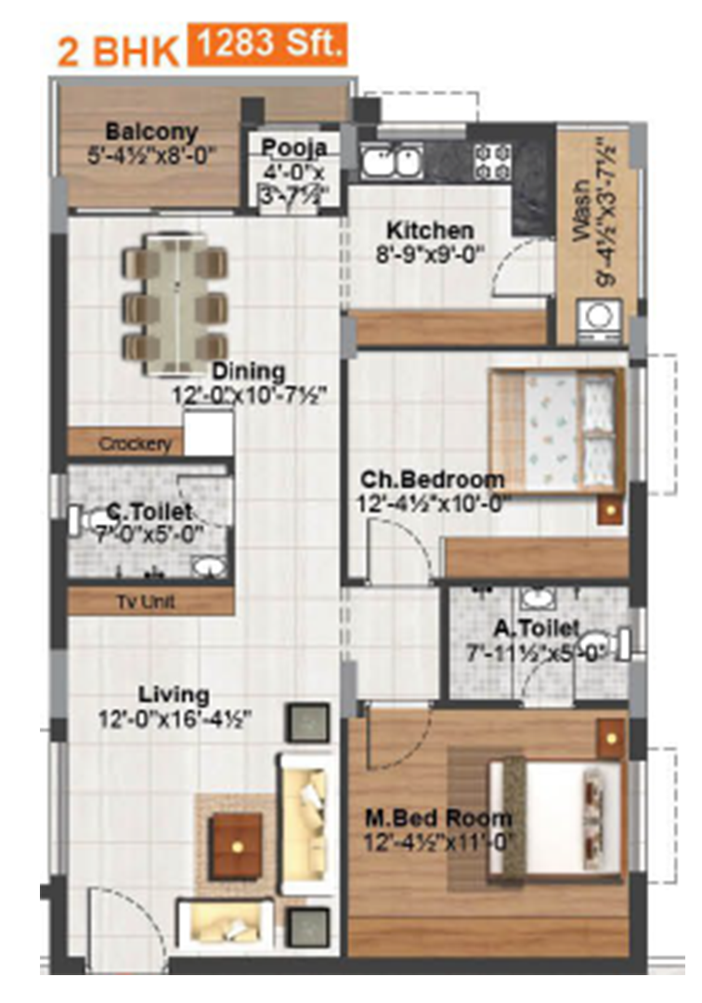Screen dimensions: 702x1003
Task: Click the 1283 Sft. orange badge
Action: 267,45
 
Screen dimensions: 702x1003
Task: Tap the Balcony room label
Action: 151,132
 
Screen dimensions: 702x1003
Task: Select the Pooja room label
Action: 294,147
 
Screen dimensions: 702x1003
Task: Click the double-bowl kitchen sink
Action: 390,162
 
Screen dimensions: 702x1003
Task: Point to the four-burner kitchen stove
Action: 492,162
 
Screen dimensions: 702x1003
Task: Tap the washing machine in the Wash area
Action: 599,318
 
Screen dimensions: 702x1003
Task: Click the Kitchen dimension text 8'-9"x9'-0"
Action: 430,255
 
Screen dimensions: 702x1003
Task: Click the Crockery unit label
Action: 135,443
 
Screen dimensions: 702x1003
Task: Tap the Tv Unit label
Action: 146,602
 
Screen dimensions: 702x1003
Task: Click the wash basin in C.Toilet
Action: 209,567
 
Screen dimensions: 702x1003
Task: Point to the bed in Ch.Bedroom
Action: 557,431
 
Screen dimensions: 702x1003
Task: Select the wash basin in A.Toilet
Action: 537,599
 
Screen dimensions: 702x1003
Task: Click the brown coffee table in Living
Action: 237,846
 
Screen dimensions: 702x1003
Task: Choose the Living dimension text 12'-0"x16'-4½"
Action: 175,719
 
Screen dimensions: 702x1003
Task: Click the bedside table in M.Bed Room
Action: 611,739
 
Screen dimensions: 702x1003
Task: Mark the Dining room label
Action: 249,371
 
